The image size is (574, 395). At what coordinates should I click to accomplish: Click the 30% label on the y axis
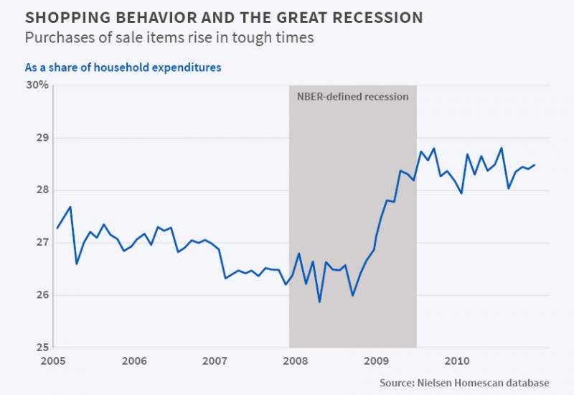tap(37, 85)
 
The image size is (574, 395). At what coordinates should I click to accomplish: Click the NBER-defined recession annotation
tap(352, 96)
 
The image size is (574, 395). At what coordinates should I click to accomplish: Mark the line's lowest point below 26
tap(319, 302)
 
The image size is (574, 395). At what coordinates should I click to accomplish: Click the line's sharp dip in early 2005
tap(77, 264)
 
